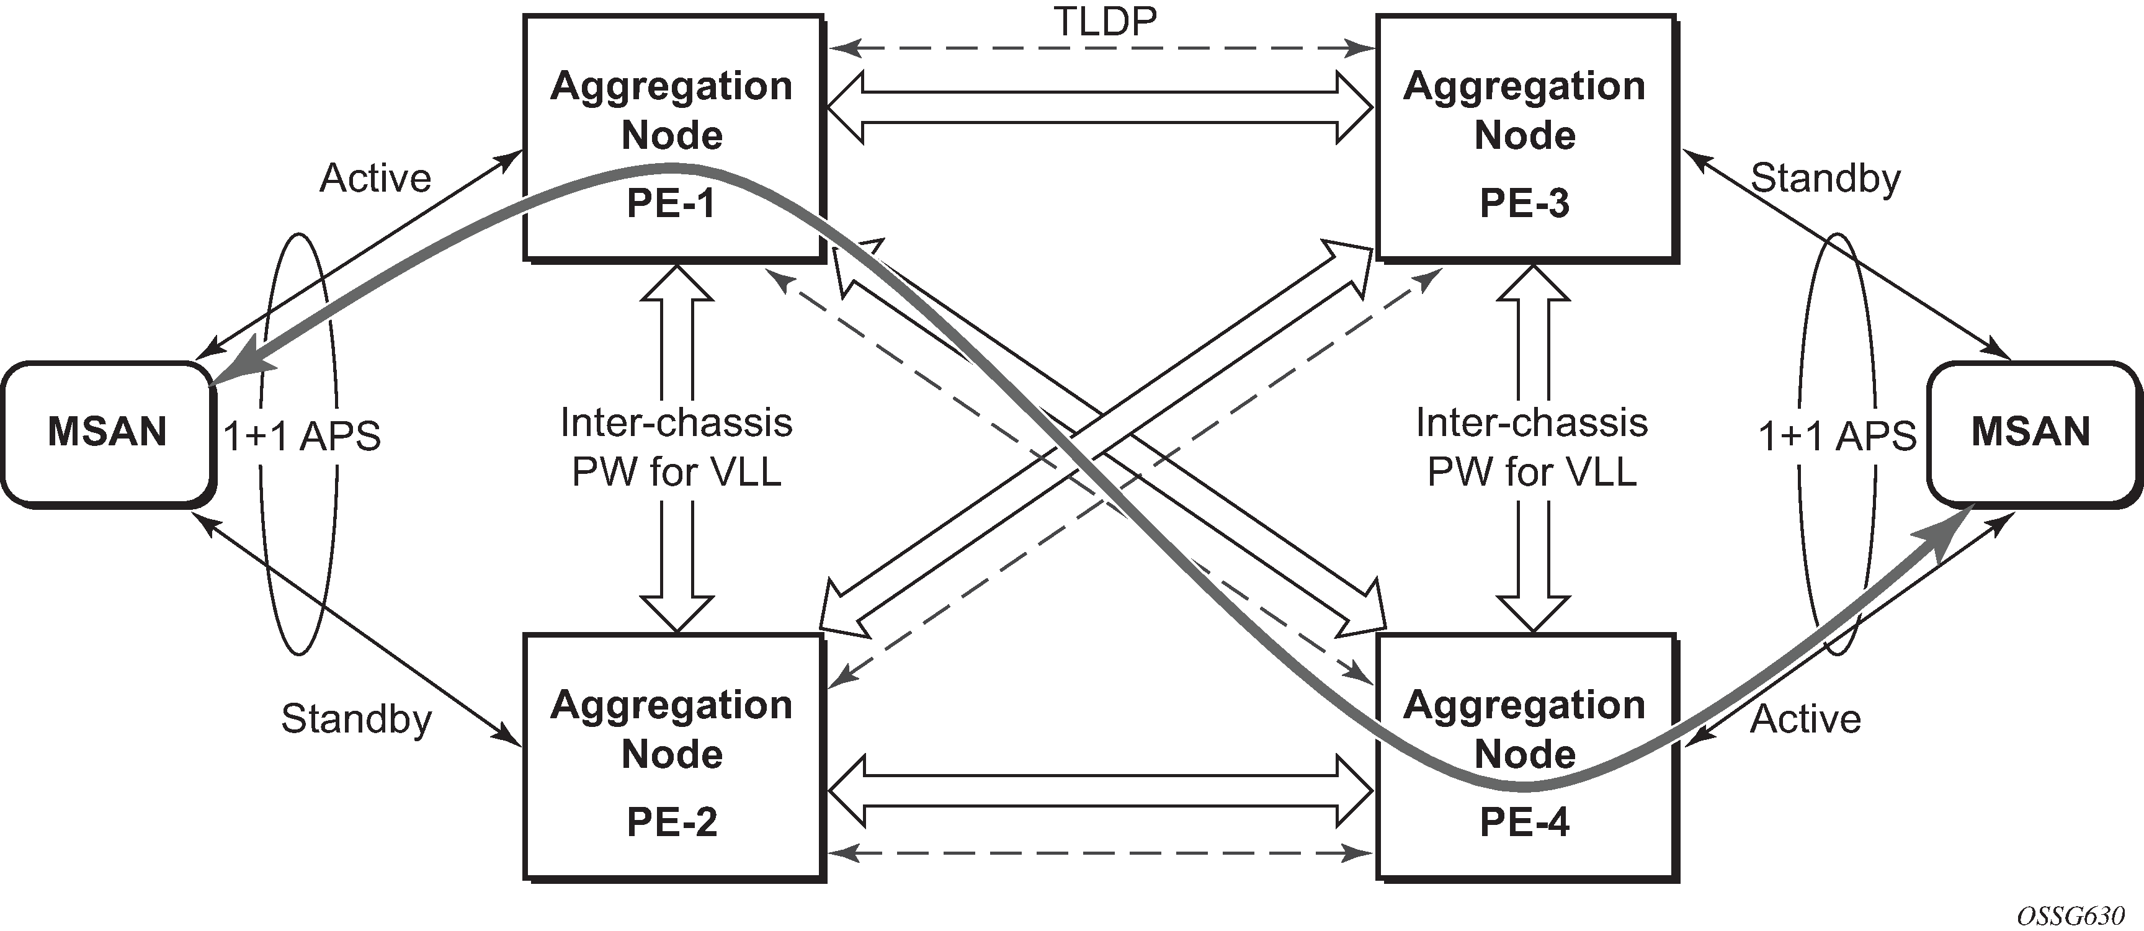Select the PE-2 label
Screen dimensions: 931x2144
tap(671, 822)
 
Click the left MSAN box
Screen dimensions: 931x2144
tap(107, 433)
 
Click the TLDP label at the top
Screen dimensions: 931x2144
tap(1105, 22)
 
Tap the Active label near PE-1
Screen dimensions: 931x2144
tap(375, 178)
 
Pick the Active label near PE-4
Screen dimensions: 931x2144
tap(1805, 719)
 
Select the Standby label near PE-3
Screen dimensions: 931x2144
tap(1825, 178)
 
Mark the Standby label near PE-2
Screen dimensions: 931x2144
tap(356, 719)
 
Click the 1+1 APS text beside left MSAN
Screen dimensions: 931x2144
tap(301, 436)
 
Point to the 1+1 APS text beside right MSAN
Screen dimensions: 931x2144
tap(1837, 436)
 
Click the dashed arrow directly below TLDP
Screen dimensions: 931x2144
tap(1099, 49)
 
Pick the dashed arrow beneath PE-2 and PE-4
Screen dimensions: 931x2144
tap(1099, 853)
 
